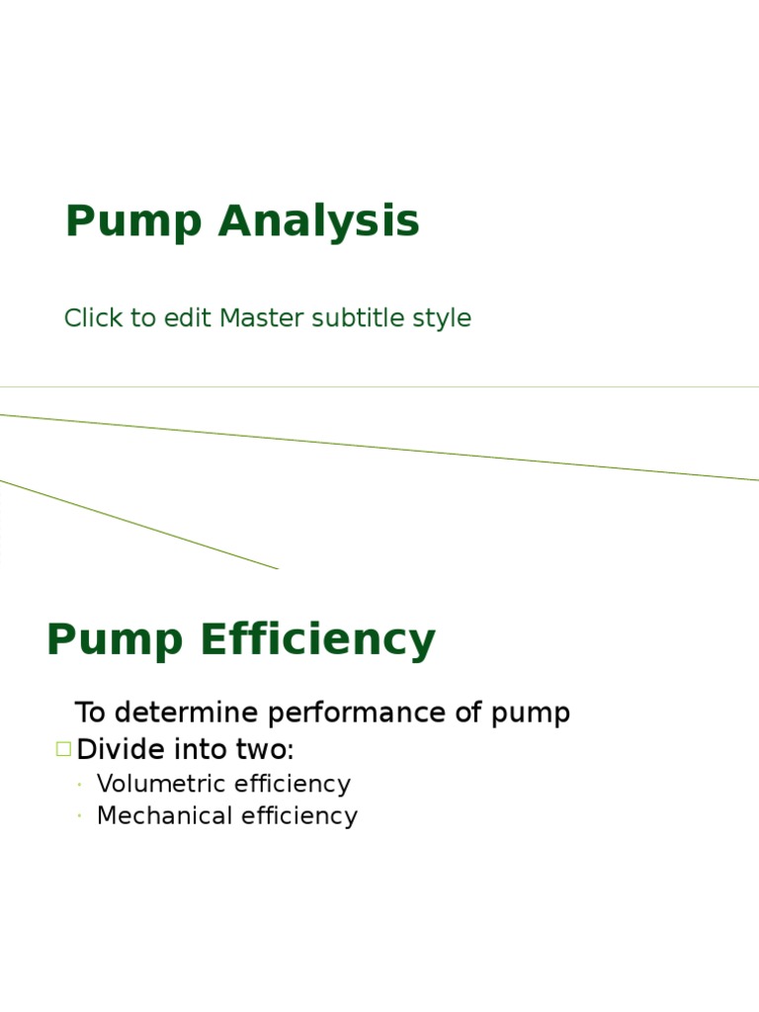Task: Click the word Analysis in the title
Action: (x=319, y=222)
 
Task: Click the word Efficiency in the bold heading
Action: (x=317, y=640)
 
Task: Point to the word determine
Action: (x=185, y=713)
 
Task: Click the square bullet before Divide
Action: (x=63, y=749)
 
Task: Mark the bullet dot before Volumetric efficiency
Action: (x=79, y=785)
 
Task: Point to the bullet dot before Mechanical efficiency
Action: (x=79, y=817)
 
